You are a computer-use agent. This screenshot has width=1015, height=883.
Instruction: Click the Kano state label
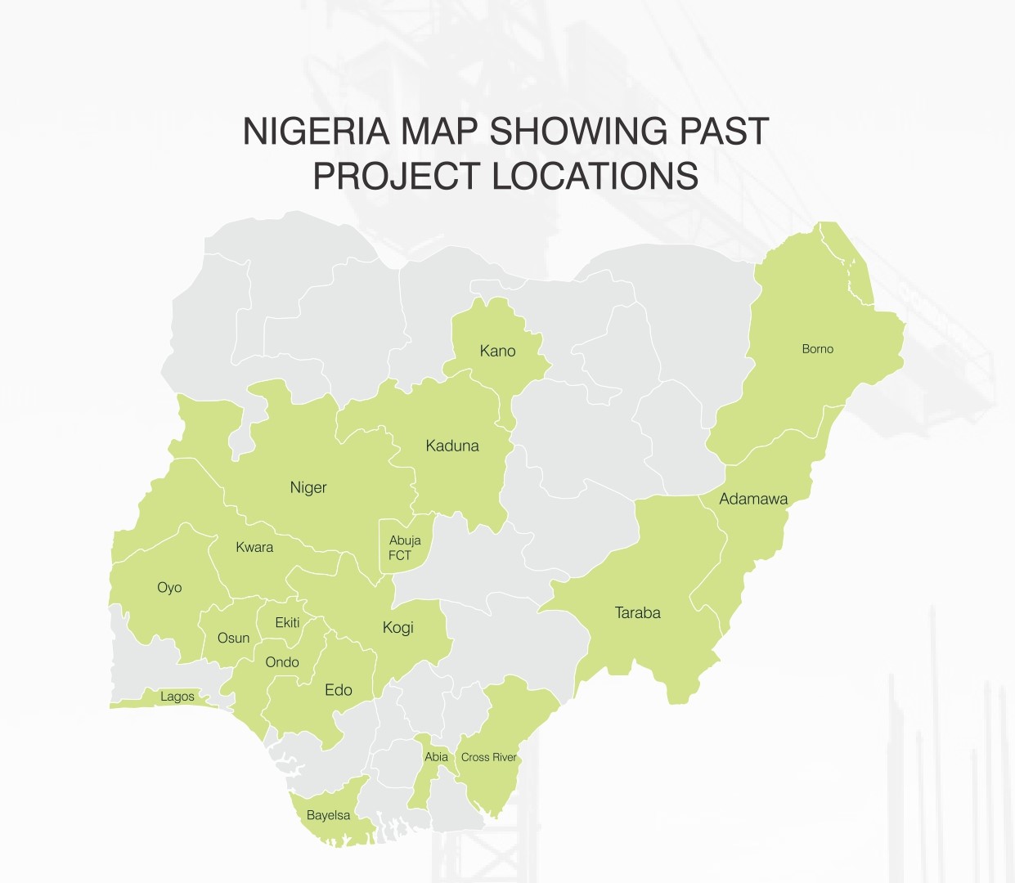(x=497, y=351)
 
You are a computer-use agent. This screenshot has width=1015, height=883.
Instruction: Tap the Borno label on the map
(x=817, y=349)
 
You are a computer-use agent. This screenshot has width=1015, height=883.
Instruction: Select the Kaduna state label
(x=452, y=446)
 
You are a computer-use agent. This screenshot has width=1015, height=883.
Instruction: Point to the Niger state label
(x=308, y=487)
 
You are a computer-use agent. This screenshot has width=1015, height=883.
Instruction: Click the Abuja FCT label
(x=404, y=548)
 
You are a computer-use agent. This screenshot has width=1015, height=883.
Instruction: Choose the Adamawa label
(x=753, y=499)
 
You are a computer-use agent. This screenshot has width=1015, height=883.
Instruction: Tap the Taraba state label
(x=637, y=612)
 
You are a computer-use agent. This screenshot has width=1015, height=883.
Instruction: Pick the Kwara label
(x=254, y=547)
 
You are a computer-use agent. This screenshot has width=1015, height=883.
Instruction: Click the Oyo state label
(x=169, y=587)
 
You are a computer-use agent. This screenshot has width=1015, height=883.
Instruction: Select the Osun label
(x=233, y=638)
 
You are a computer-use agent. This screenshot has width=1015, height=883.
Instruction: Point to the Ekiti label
(x=287, y=622)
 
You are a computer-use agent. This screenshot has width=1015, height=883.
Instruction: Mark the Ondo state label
(x=282, y=661)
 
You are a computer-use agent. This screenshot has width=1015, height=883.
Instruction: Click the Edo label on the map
(x=338, y=690)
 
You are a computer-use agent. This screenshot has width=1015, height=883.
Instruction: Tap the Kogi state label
(x=397, y=627)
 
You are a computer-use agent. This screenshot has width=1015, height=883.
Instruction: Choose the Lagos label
(x=177, y=697)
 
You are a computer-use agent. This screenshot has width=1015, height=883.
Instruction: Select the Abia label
(x=436, y=756)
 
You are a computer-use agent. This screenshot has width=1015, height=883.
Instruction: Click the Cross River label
(x=488, y=757)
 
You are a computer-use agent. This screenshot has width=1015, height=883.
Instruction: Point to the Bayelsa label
(x=328, y=815)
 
